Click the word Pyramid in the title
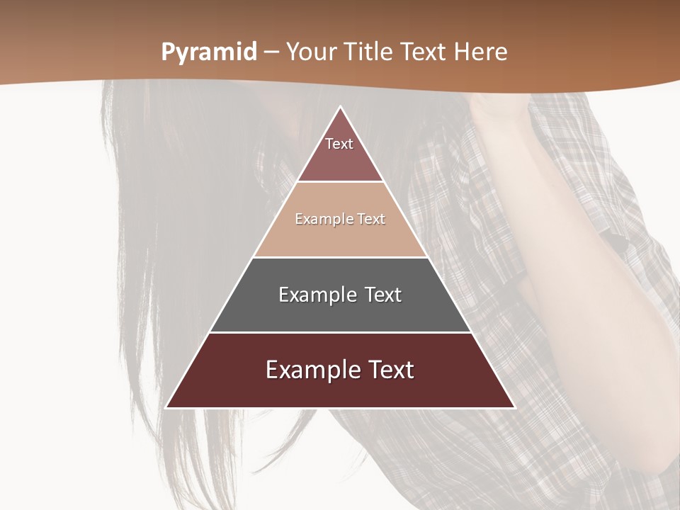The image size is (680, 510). [x=208, y=52]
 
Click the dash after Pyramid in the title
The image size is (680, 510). [x=271, y=52]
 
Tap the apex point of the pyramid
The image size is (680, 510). [x=340, y=107]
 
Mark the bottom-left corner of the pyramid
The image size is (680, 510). [x=167, y=407]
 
